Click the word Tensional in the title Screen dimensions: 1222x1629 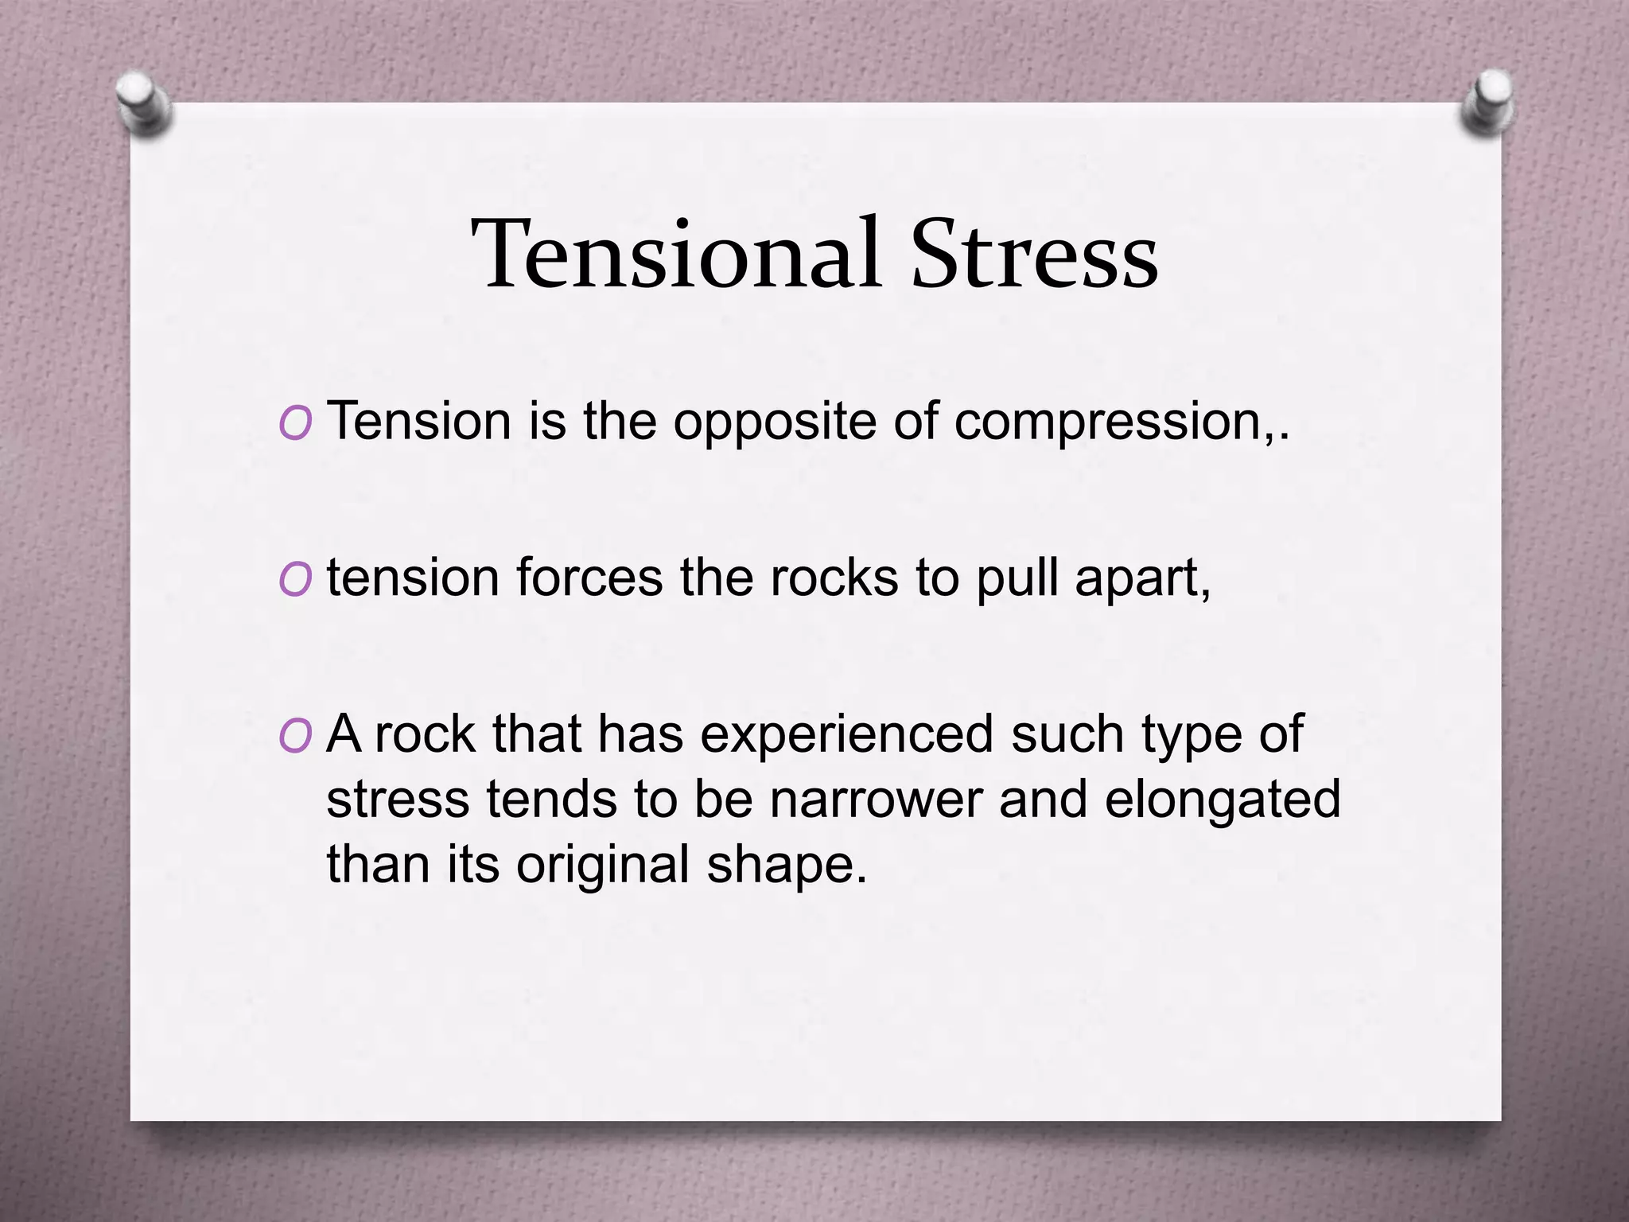(676, 255)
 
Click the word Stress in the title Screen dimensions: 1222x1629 (1034, 255)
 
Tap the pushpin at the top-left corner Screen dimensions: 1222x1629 (143, 103)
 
